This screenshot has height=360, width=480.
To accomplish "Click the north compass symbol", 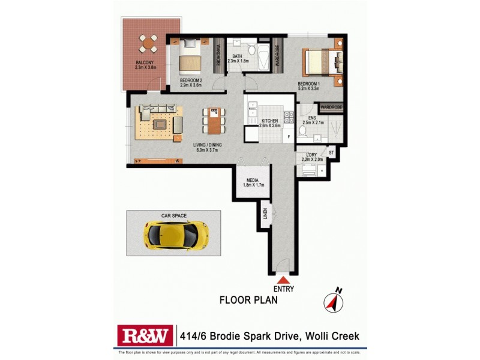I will [332, 301].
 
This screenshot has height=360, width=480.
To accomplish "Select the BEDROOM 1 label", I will [310, 84].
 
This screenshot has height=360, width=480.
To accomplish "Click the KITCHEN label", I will [270, 121].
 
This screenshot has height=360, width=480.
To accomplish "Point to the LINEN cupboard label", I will [265, 213].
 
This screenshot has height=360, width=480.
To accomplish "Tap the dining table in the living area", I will [214, 120].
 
